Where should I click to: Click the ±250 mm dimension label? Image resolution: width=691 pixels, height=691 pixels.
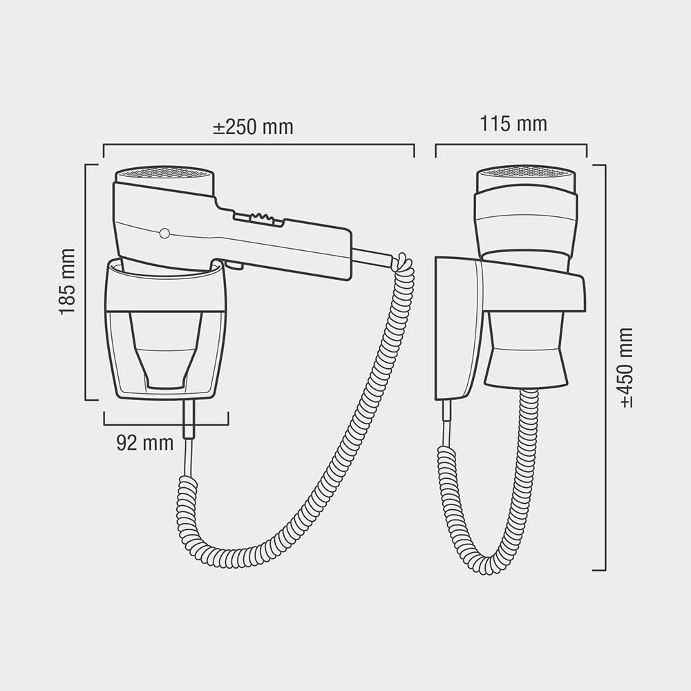tap(253, 127)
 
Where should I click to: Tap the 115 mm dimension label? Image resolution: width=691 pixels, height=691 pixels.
tap(513, 124)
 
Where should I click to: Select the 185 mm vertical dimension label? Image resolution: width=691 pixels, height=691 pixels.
tap(67, 282)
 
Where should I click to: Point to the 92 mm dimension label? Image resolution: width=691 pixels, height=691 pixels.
tap(144, 443)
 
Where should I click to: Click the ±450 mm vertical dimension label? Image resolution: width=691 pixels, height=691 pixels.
tap(626, 368)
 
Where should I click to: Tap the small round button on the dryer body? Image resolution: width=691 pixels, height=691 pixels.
tap(164, 234)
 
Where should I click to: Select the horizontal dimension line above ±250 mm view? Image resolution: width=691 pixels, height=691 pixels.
tap(258, 145)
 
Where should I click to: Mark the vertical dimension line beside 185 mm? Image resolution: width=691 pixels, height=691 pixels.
tap(86, 282)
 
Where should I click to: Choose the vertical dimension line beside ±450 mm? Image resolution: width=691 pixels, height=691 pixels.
tap(605, 368)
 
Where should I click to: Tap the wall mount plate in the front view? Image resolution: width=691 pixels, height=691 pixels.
tap(456, 328)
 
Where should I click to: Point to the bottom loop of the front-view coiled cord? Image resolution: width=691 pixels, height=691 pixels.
tap(484, 567)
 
